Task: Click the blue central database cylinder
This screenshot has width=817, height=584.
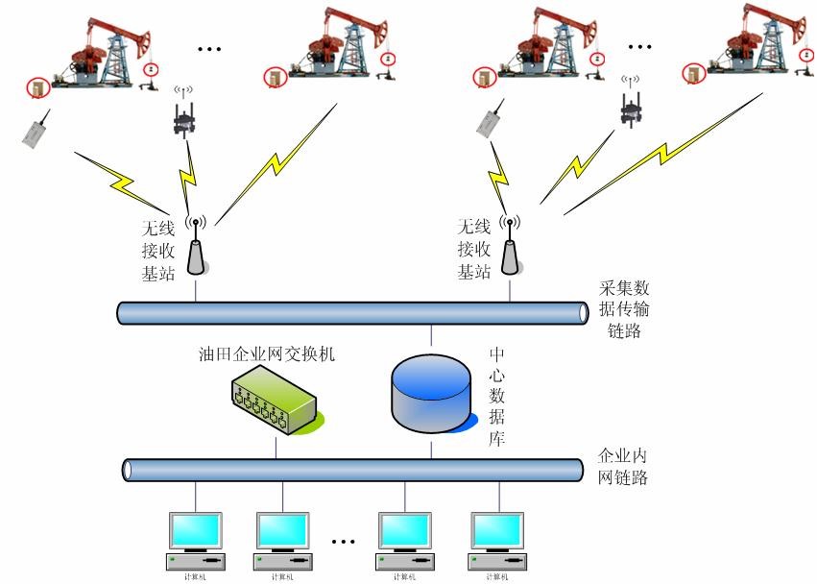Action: (431, 388)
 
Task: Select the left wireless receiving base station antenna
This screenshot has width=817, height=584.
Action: (196, 248)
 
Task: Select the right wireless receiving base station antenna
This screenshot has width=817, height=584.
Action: (509, 248)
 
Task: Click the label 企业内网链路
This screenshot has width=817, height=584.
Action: (622, 466)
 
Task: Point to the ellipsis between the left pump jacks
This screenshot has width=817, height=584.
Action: (208, 47)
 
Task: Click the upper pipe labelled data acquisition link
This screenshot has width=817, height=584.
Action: (352, 313)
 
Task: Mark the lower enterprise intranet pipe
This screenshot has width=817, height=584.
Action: (352, 470)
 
